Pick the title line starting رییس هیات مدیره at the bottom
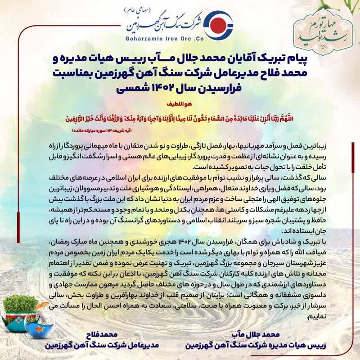[x=241, y=346]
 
